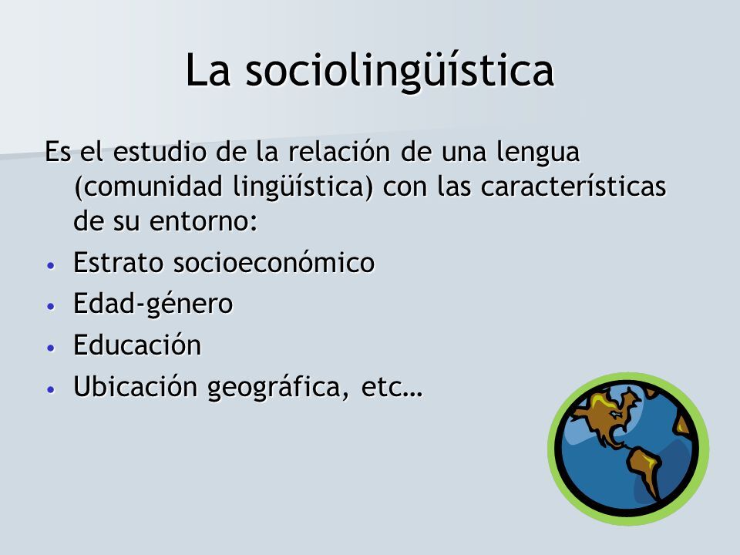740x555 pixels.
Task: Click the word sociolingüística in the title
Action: click(400, 71)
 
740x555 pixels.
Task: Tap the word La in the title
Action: click(207, 70)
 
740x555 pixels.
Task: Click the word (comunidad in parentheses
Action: click(148, 187)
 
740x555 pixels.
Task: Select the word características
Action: click(573, 187)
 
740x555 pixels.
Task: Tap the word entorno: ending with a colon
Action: click(203, 221)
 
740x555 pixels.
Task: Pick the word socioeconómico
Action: click(274, 262)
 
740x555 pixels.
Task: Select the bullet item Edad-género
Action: click(153, 304)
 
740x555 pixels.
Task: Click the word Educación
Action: click(137, 345)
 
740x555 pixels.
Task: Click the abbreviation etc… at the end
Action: click(392, 388)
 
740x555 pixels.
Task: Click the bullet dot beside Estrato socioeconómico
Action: click(52, 265)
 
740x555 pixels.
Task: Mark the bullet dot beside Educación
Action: click(52, 348)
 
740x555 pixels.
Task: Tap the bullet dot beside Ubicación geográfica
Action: click(52, 390)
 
